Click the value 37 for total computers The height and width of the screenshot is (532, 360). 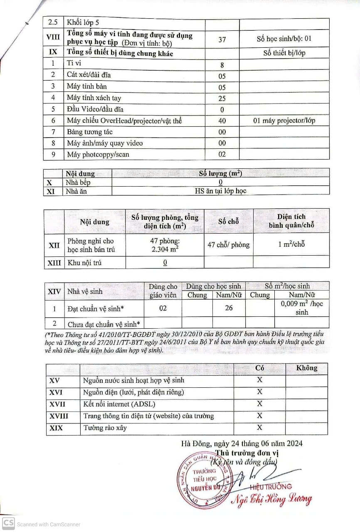(x=222, y=39)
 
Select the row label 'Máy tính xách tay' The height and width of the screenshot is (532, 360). (x=94, y=98)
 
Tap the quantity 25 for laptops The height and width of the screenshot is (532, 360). (x=222, y=99)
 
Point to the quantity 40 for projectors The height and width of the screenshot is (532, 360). (x=222, y=121)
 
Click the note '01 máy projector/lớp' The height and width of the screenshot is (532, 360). (x=284, y=121)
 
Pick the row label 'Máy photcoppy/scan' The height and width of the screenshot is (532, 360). (x=98, y=154)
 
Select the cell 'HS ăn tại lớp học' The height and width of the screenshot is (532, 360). (x=221, y=191)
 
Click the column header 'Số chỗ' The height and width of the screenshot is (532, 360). (x=229, y=221)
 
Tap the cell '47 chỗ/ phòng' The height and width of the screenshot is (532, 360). (x=229, y=244)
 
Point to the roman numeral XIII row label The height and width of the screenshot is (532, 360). (x=54, y=263)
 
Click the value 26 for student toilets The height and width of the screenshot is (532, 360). (x=229, y=308)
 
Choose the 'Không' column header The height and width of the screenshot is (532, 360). (x=306, y=368)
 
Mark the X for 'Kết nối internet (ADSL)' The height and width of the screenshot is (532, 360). (x=259, y=404)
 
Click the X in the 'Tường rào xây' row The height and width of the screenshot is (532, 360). (x=259, y=427)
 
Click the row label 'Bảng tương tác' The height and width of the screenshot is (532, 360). (x=89, y=132)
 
